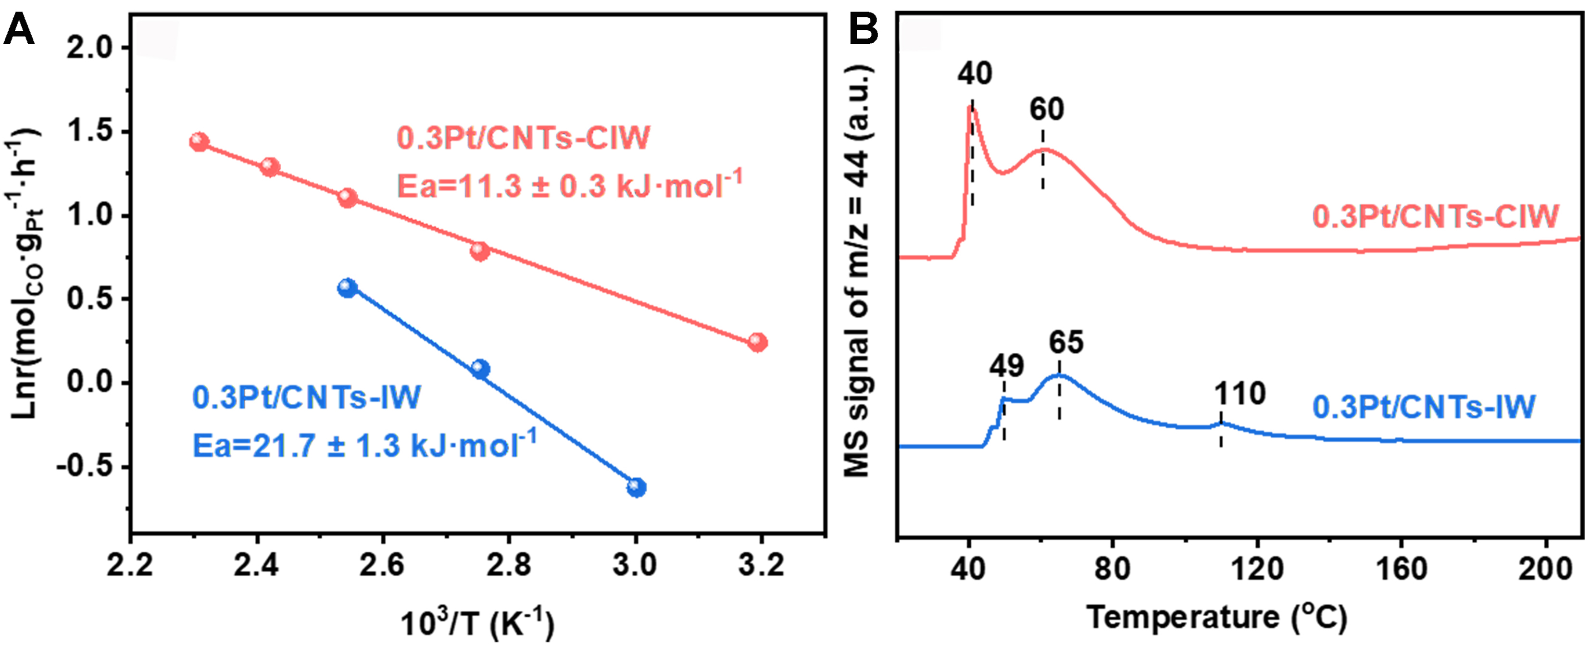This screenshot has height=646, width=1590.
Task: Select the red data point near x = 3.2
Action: pos(758,342)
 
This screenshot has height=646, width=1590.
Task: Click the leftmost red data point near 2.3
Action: pos(199,142)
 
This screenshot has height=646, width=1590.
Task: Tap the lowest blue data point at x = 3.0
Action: pos(637,487)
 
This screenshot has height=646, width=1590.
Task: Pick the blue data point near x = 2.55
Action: pos(348,288)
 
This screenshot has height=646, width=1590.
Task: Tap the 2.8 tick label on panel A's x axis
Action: pos(509,565)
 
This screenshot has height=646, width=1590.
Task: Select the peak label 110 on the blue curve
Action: pos(1240,394)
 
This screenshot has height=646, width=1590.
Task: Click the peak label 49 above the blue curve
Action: pos(1007,366)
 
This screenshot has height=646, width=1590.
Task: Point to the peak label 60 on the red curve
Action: pos(1046,110)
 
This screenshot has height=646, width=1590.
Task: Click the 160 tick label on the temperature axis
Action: pos(1401,568)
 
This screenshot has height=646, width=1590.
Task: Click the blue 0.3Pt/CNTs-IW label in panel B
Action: pos(1423,407)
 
